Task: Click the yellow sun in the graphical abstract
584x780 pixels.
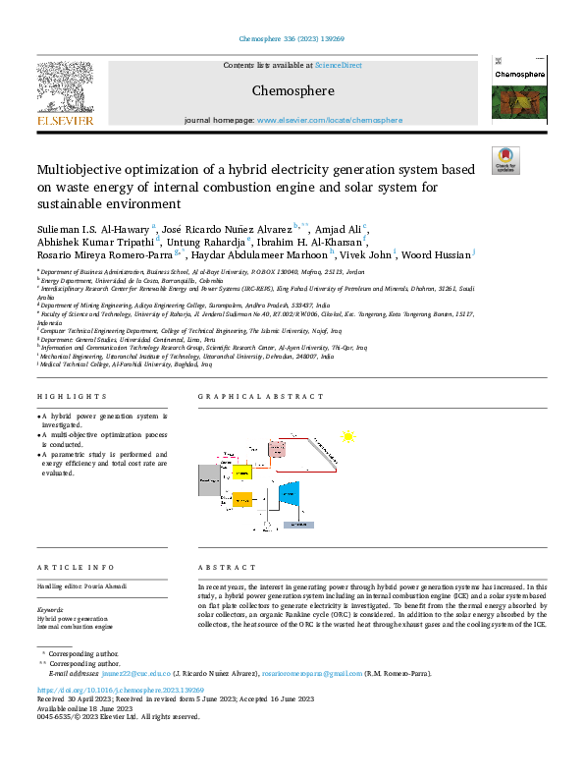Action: click(347, 436)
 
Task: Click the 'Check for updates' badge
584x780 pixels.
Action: click(504, 159)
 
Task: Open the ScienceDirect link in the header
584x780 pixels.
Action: click(338, 65)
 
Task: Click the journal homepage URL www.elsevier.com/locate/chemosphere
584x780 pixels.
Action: click(329, 120)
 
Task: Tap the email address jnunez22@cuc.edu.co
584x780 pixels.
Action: click(139, 673)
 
